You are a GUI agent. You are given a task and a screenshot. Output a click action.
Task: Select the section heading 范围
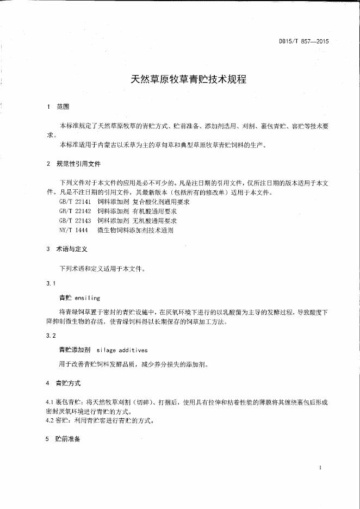(x=63, y=107)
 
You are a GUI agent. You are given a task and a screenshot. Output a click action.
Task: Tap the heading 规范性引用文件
(x=78, y=164)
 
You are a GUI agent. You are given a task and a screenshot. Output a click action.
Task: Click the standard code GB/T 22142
(x=76, y=211)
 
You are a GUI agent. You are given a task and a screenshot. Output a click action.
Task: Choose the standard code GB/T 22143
(x=76, y=220)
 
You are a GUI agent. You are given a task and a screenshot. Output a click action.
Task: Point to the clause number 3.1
(x=51, y=283)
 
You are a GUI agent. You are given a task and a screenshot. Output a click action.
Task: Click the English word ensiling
(x=88, y=298)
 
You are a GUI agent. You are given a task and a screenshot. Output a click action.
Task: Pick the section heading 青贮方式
(x=68, y=383)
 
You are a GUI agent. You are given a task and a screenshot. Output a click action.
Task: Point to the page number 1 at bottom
(x=321, y=468)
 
